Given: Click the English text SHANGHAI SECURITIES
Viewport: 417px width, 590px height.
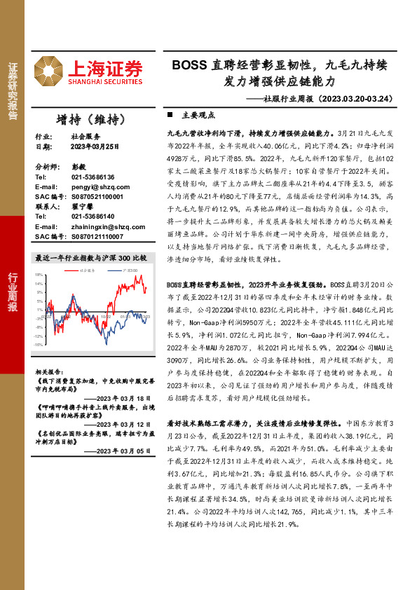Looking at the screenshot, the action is pyautogui.click(x=105, y=82).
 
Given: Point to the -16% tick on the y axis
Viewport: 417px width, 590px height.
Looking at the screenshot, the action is pyautogui.click(x=39, y=345).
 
